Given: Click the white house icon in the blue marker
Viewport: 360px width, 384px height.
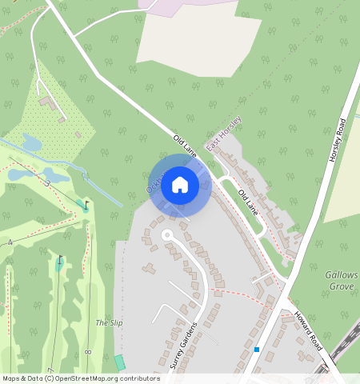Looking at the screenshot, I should pos(180,186).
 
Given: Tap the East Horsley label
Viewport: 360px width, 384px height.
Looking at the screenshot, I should pos(224,134).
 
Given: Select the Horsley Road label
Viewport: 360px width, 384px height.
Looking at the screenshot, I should pos(338,141).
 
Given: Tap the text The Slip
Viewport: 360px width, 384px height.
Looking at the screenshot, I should pos(109,322).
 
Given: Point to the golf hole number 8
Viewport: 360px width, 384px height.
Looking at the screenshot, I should pos(86,351).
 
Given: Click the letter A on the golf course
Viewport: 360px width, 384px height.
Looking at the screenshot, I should pos(10,242).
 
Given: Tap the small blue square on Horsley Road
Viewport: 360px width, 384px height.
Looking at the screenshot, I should pos(257,349).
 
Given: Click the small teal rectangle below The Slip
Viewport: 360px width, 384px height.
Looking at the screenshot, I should pos(120,362).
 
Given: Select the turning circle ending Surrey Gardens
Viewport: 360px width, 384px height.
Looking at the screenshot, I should pos(167,234).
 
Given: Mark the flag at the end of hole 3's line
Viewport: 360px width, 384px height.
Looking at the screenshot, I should pos(86,205).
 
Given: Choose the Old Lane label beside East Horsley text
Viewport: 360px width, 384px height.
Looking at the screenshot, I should pos(185,145).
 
